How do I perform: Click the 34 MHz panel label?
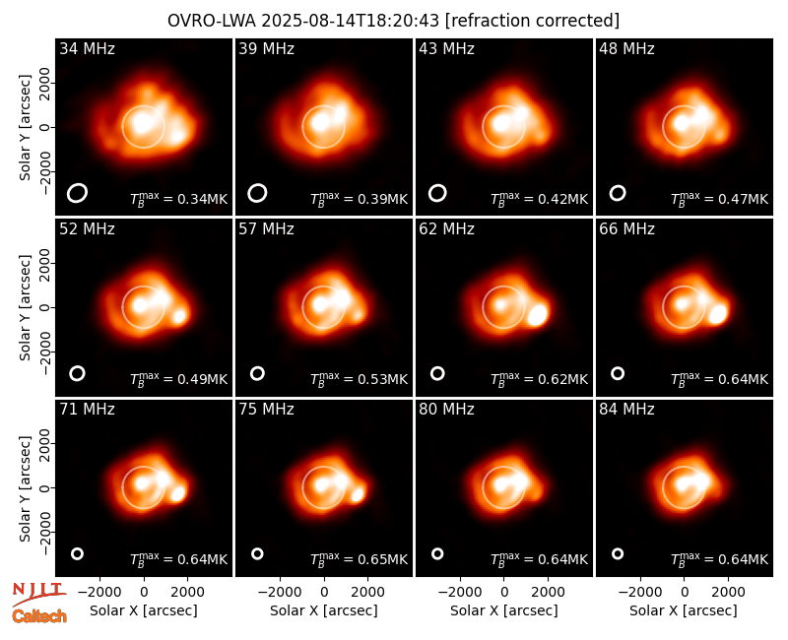pos(87,48)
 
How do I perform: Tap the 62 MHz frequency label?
pos(446,229)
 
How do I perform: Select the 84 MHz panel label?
pos(626,410)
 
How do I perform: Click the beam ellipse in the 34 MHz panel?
pos(77,193)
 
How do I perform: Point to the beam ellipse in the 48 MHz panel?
pos(618,193)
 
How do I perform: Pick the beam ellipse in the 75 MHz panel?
pos(257,553)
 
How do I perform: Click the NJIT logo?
pos(38,593)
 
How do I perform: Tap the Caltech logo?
pos(39,616)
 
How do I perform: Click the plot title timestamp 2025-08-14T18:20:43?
pos(350,21)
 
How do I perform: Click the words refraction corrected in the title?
pos(532,21)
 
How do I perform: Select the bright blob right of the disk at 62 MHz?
pos(538,315)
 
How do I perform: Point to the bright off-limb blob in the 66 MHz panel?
pos(718,314)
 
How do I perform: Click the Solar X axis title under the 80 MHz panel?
pos(503,610)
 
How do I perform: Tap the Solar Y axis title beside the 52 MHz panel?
pos(26,307)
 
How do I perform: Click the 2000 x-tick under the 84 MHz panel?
pos(728,592)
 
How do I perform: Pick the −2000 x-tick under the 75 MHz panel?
pos(280,592)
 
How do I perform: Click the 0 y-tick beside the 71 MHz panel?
pos(45,487)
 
